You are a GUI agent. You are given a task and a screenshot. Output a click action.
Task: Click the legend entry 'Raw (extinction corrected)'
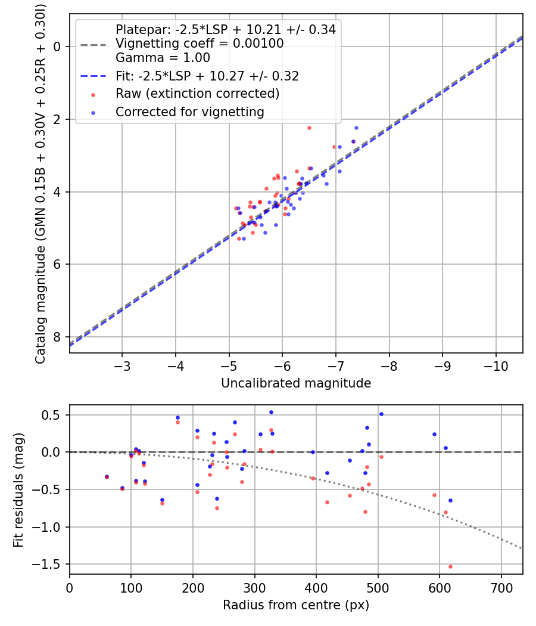(x=197, y=94)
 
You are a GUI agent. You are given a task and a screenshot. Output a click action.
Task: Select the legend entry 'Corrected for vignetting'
(x=189, y=111)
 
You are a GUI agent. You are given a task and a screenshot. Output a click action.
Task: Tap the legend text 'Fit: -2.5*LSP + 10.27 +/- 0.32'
(x=207, y=76)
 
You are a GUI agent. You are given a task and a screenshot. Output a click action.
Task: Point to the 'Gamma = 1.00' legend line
(x=163, y=58)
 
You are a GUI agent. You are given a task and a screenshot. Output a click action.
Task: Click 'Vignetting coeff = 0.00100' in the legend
(x=200, y=44)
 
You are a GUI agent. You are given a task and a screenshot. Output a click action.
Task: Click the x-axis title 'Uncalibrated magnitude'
(x=296, y=383)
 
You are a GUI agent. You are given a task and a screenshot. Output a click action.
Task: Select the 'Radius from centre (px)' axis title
(x=296, y=605)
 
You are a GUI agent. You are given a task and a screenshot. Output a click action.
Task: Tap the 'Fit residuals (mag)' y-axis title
(x=18, y=489)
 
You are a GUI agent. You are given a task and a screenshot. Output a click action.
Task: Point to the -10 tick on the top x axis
(x=496, y=365)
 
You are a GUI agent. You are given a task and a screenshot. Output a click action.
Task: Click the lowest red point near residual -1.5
(x=450, y=566)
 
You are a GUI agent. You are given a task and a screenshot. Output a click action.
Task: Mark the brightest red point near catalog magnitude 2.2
(x=309, y=128)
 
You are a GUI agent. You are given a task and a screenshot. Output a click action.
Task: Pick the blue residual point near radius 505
(x=381, y=414)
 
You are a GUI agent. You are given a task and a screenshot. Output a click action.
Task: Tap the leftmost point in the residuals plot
(x=107, y=477)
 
